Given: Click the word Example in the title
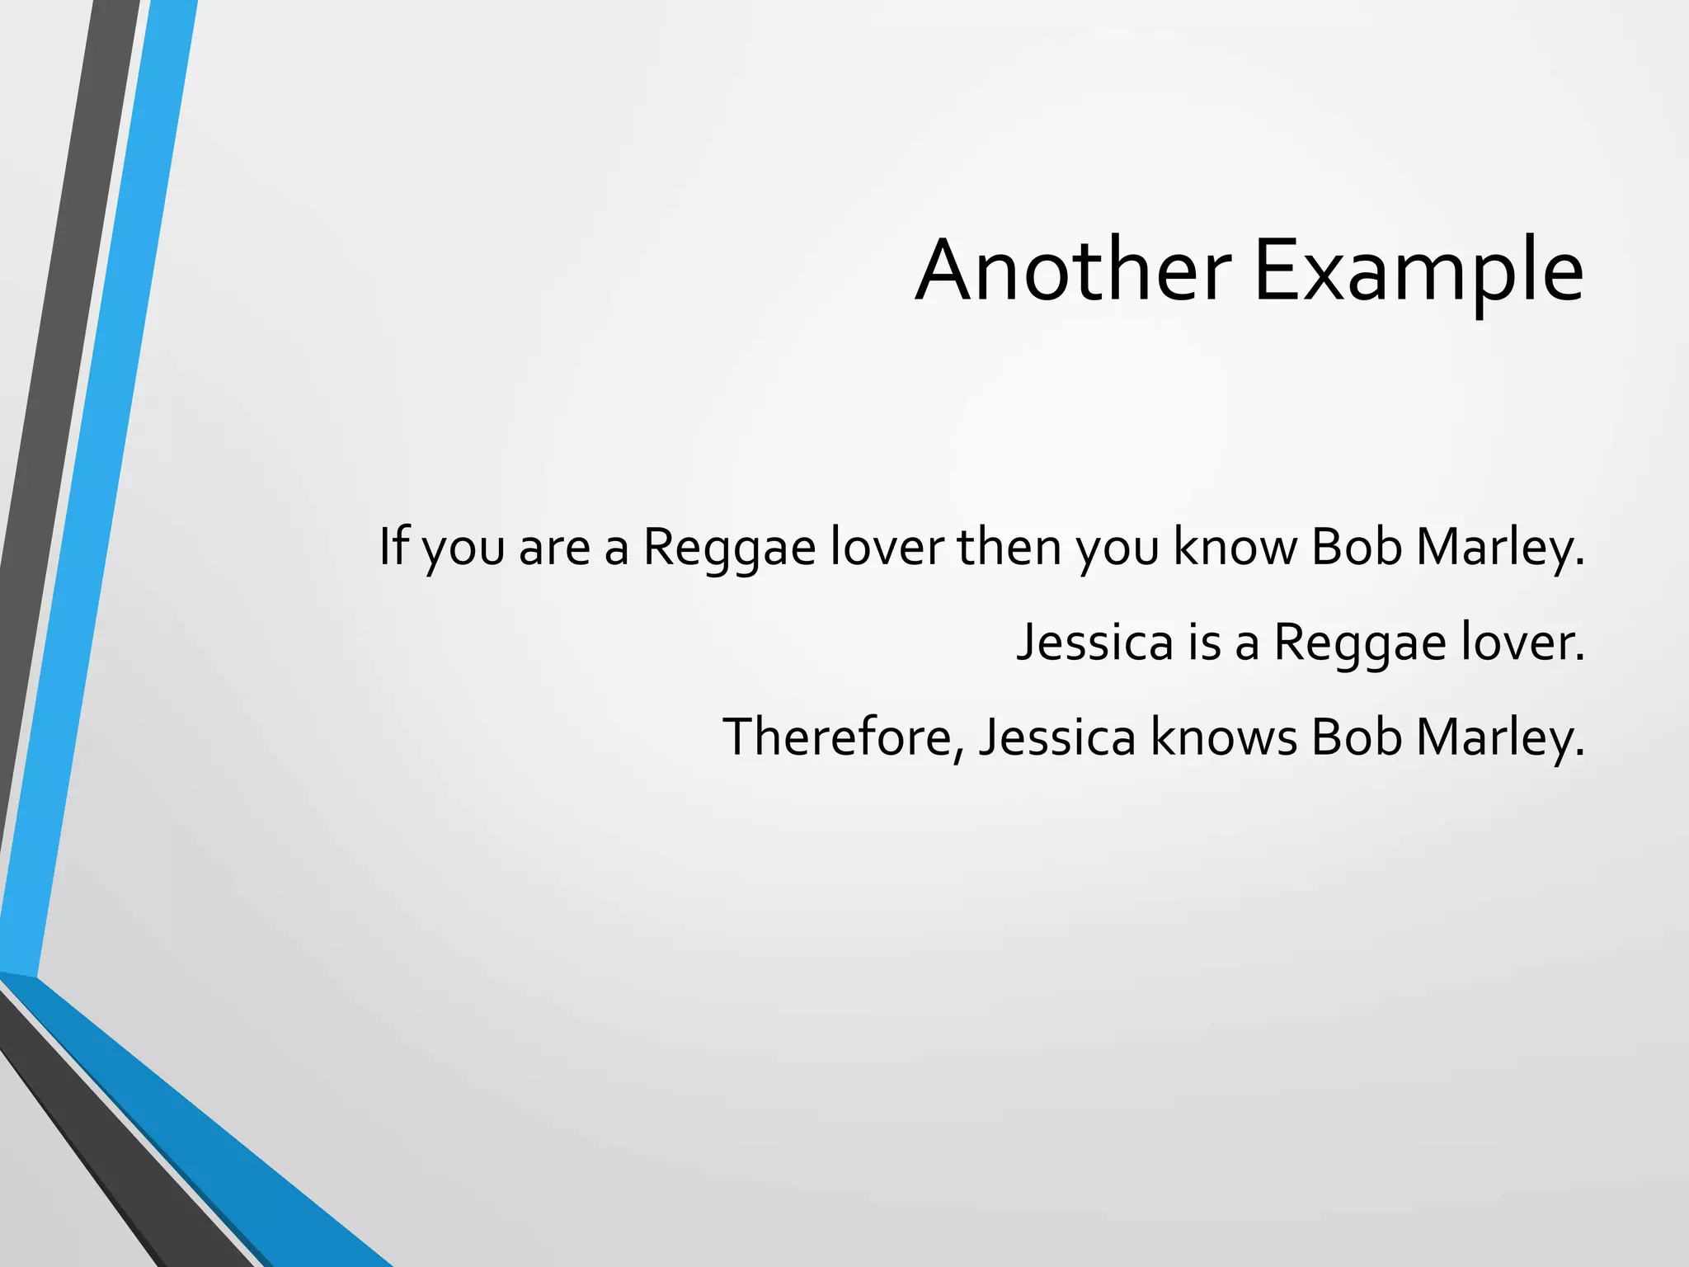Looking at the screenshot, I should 1418,271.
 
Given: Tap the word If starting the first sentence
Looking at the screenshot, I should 394,546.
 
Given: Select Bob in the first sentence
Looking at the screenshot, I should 1356,546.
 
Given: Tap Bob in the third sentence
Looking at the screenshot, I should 1356,737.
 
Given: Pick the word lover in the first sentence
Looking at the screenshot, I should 887,546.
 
